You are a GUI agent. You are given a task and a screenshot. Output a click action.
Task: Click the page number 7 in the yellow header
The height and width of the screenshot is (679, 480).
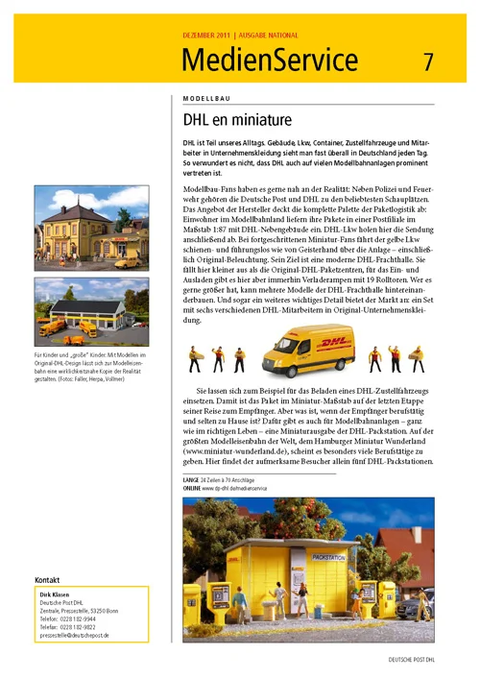click(x=428, y=61)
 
